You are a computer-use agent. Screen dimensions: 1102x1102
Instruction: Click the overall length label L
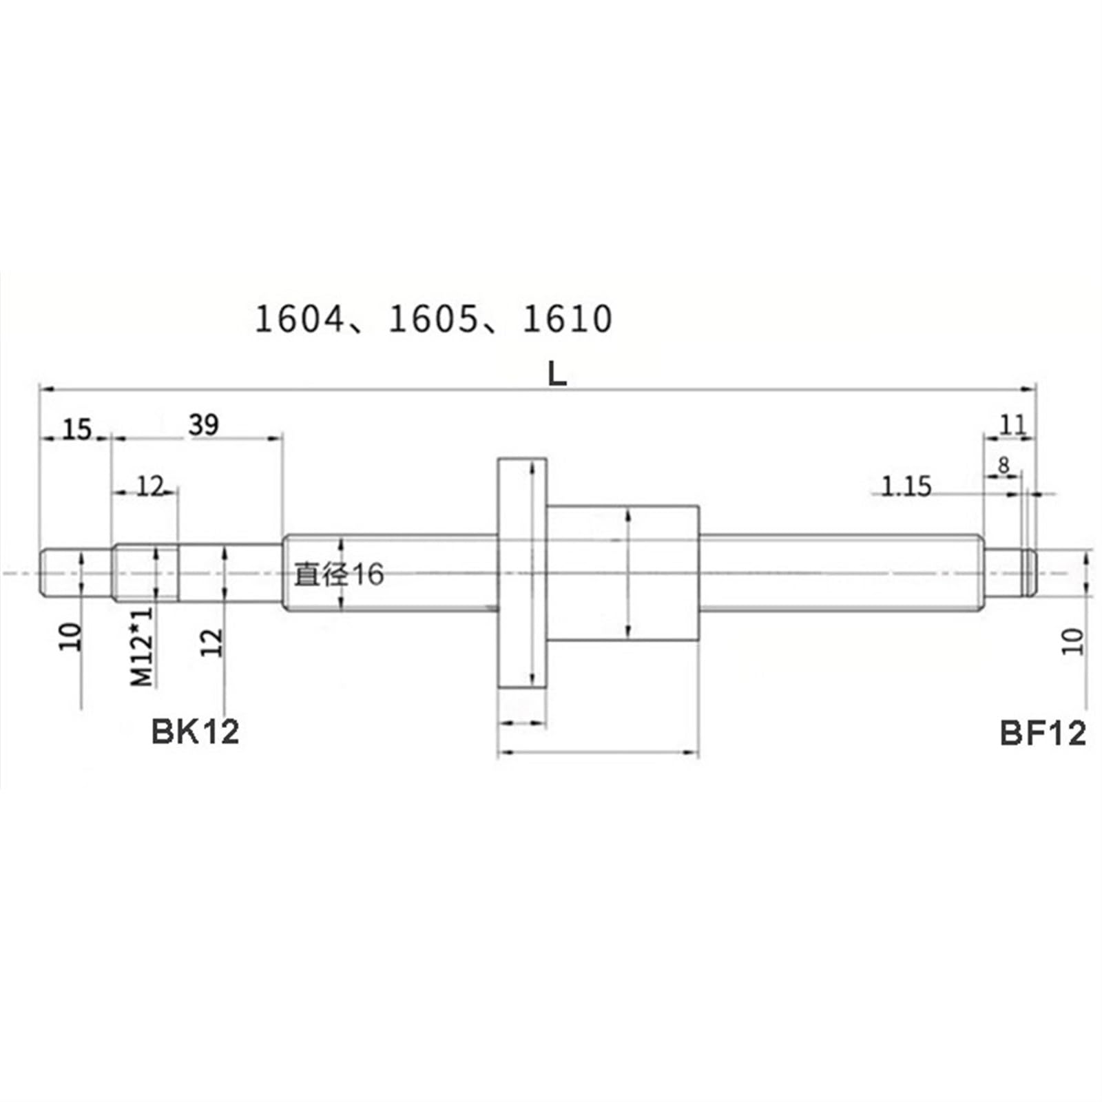pos(557,374)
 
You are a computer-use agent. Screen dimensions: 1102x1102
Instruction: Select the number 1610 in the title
pos(567,320)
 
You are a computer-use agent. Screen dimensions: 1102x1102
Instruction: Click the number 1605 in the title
pos(433,320)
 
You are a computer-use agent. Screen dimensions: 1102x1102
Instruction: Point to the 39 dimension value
pos(204,425)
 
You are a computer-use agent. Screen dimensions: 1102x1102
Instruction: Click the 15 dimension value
pos(77,430)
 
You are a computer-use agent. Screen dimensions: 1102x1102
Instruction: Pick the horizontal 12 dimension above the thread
pos(149,486)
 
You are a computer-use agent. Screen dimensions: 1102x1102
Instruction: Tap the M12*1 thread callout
pos(142,646)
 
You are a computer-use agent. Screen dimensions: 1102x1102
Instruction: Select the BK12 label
pos(195,731)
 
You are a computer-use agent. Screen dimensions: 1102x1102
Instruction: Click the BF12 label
pos(1042,733)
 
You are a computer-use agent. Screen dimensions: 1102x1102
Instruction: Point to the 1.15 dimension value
pos(906,487)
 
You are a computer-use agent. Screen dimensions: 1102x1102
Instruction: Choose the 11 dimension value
pos(1012,425)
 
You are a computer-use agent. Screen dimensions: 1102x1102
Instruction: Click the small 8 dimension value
pos(1004,466)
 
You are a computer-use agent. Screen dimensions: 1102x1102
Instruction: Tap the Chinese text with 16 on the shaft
pos(339,574)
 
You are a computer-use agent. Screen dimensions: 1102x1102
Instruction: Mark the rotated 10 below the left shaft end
pos(71,636)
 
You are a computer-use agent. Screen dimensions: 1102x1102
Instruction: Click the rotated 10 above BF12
pos(1073,641)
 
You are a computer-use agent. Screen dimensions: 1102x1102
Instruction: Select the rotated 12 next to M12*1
pos(214,642)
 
